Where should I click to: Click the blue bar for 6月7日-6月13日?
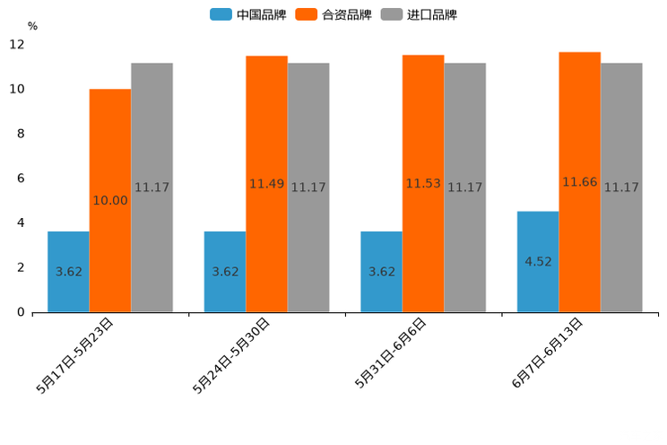(538, 262)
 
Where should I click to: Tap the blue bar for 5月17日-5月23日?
(68, 272)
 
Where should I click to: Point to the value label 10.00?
(110, 201)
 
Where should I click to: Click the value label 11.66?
(580, 182)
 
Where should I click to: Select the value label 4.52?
(538, 262)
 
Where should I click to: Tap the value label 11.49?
(267, 184)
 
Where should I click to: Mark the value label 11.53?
(423, 183)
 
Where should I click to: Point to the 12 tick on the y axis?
(17, 44)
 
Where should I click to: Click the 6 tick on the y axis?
(21, 179)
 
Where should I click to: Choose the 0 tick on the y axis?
(21, 312)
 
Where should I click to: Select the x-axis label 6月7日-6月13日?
(547, 353)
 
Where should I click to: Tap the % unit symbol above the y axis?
(32, 26)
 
